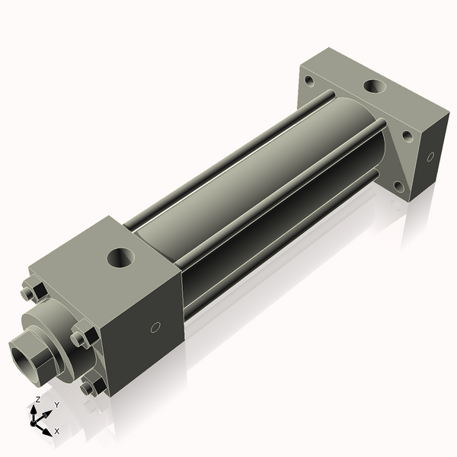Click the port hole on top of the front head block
pyautogui.click(x=120, y=257)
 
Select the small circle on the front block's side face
pyautogui.click(x=155, y=328)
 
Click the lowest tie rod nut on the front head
pyautogui.click(x=94, y=386)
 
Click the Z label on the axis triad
pyautogui.click(x=38, y=399)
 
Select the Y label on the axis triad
pyautogui.click(x=56, y=404)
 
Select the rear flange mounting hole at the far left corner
pyautogui.click(x=309, y=79)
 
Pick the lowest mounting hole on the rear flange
pyautogui.click(x=398, y=185)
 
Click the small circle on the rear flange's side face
pyautogui.click(x=430, y=157)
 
